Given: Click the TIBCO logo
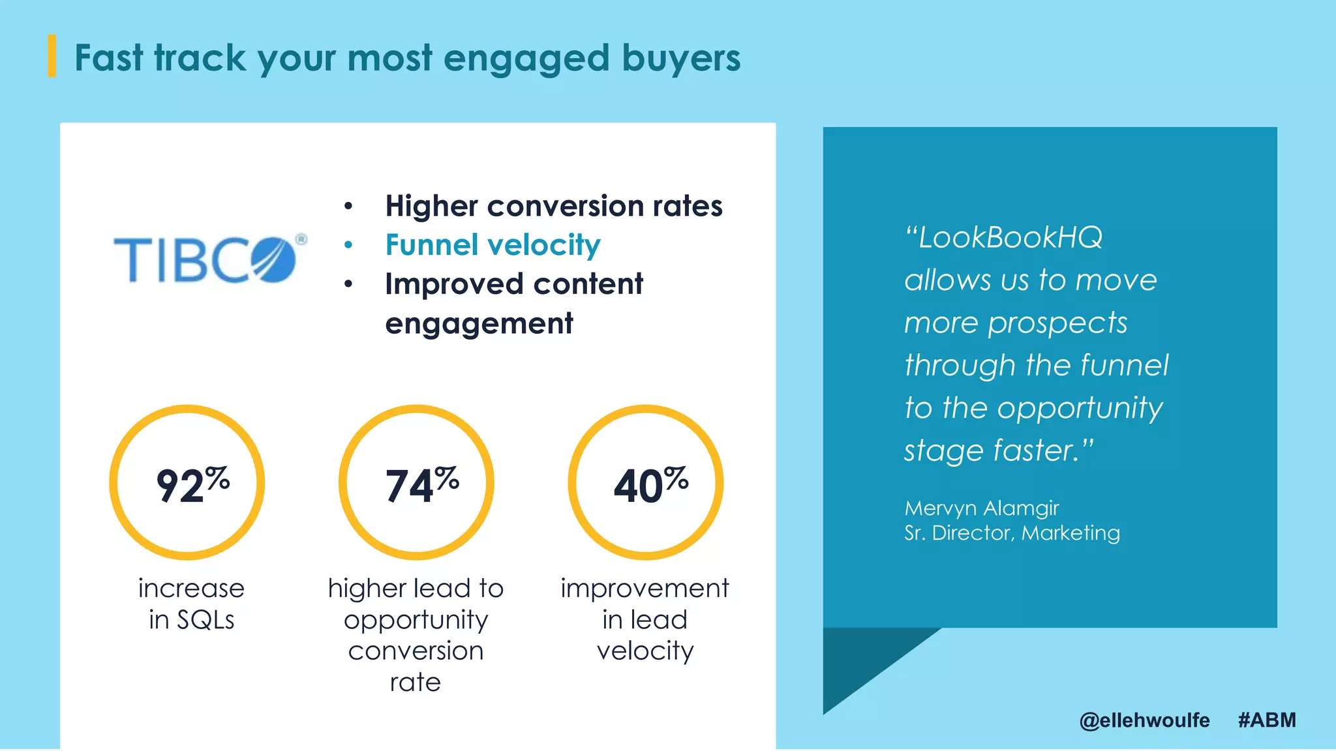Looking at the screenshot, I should coord(206,259).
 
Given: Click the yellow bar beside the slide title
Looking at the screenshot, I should coord(52,56).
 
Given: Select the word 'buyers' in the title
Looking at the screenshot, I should coord(681,59).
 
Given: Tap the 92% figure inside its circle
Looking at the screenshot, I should coord(192,485).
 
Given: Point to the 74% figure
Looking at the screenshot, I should coord(421,485).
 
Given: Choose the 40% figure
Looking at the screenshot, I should coord(650,485).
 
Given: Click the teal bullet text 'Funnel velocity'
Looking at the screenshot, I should coord(493,246).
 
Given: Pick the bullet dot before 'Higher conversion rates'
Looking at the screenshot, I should coord(348,207).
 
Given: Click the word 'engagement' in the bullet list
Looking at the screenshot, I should coord(479,324).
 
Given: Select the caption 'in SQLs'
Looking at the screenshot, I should coord(191,620).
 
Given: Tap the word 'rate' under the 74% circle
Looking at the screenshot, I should coord(416,683).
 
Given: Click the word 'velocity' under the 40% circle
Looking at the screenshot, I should coord(645,651).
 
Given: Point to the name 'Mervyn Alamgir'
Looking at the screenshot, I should coord(981,508).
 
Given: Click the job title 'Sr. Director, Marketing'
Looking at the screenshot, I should coord(1012,533).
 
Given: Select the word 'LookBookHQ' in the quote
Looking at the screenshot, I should coord(1010,238).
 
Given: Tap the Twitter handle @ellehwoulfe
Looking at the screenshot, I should coord(1144,720).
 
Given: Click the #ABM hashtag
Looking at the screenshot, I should coord(1267,720).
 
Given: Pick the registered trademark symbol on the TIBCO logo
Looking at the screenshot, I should coord(301,239).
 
